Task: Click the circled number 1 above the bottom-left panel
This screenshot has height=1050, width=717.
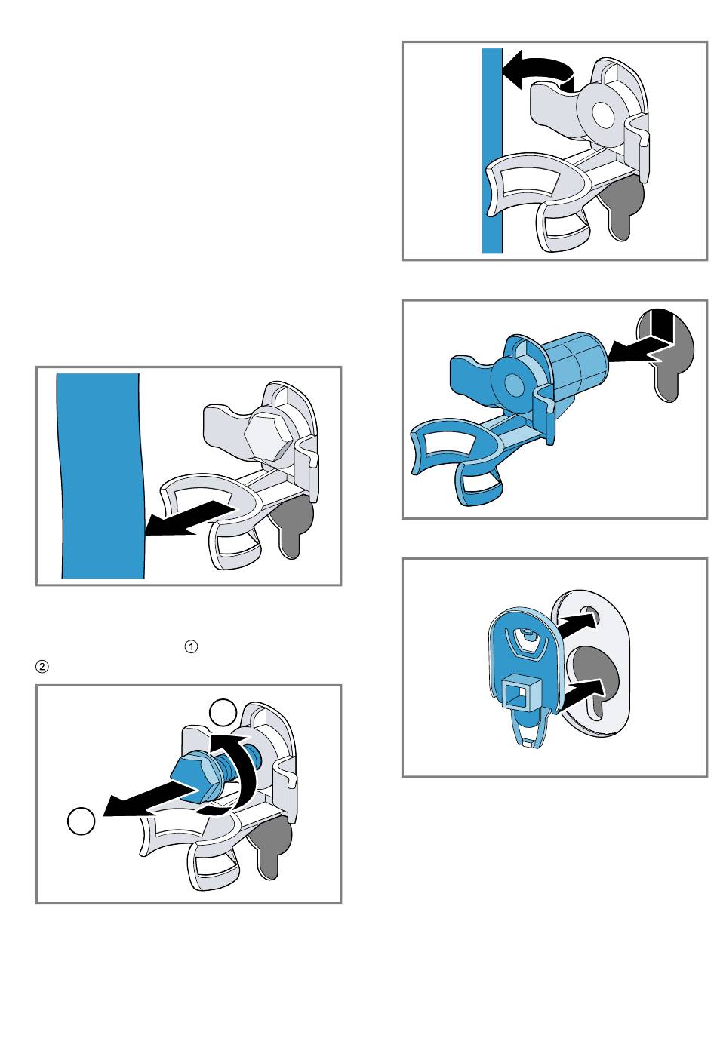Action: pos(191,646)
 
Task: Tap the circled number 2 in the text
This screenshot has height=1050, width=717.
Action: pos(42,666)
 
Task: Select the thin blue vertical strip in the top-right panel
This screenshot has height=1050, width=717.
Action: pos(492,150)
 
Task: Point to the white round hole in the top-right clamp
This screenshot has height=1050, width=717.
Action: pos(603,112)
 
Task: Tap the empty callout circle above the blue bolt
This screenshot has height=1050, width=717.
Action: pos(223,713)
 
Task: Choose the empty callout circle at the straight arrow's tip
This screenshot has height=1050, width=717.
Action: pos(81,821)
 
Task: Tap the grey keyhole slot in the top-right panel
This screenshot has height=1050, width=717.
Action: pos(621,205)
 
